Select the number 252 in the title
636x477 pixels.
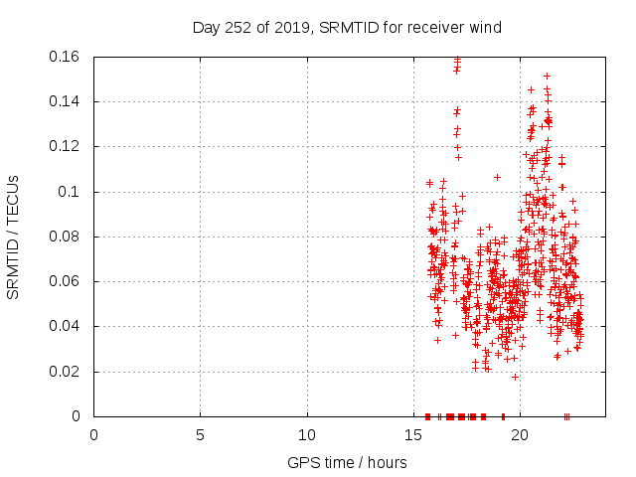pos(238,28)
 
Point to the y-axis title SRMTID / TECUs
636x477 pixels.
pos(13,237)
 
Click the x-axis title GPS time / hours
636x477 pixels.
pos(347,462)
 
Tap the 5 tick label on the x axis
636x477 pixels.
pos(200,434)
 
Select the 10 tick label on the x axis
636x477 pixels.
pos(307,434)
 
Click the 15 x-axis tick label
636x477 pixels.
pos(413,434)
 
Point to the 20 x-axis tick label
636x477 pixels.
pos(520,434)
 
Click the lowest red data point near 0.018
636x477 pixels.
pos(515,376)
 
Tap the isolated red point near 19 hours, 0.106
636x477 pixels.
pos(497,177)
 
